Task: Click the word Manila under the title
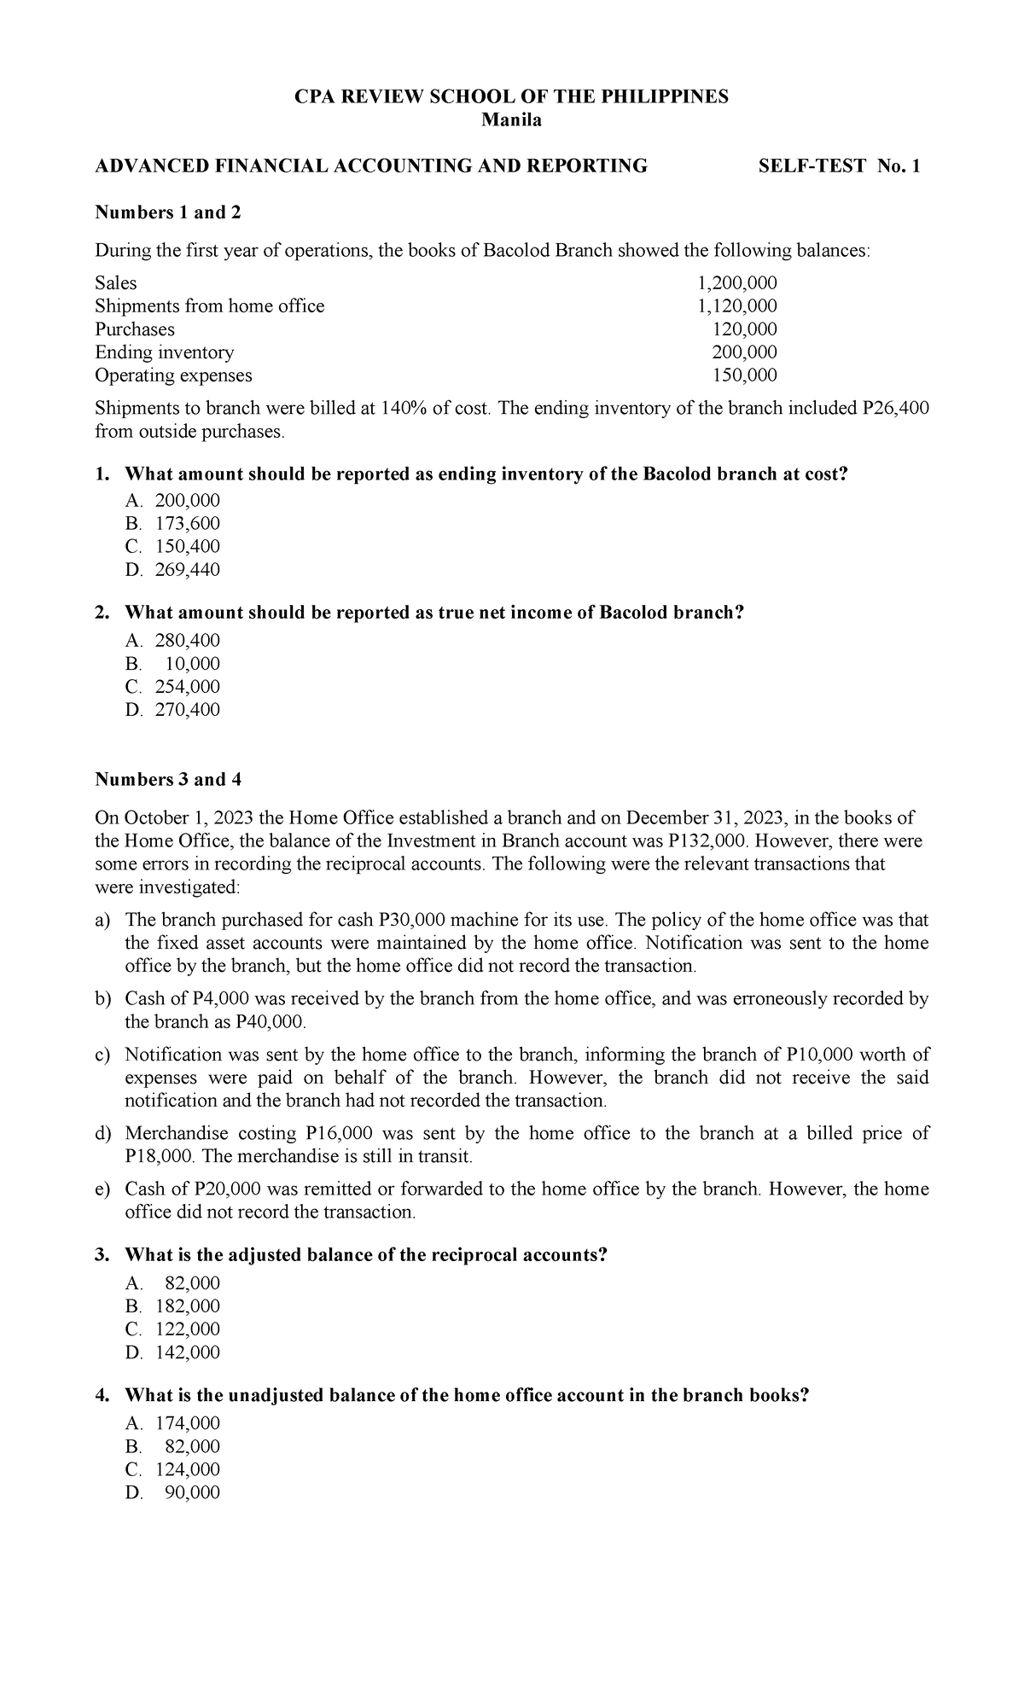[511, 120]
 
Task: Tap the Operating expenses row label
[173, 375]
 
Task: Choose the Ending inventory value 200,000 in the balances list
[744, 352]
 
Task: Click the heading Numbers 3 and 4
[161, 779]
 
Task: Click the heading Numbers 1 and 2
[161, 212]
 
